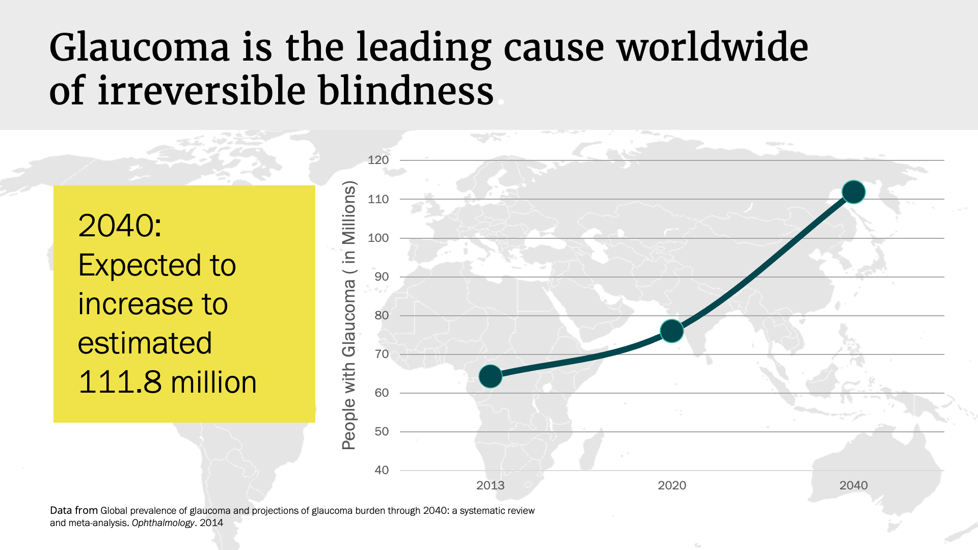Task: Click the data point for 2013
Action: click(491, 376)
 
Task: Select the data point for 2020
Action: click(672, 331)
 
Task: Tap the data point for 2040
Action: click(854, 192)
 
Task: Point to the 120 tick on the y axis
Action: click(378, 160)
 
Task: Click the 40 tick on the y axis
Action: click(382, 470)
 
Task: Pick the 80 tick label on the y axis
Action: click(382, 315)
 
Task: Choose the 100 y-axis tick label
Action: click(378, 238)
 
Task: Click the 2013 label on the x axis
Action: click(490, 485)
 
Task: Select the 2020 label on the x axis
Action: click(672, 485)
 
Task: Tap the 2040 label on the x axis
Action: click(853, 485)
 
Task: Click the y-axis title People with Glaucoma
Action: click(349, 316)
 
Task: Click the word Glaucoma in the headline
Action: click(140, 47)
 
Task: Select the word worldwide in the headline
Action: click(712, 47)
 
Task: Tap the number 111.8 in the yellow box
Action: click(120, 382)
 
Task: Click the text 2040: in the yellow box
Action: click(120, 225)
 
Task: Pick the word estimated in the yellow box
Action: click(145, 343)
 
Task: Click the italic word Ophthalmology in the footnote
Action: click(163, 523)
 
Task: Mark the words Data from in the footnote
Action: click(74, 510)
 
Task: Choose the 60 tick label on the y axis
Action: click(382, 393)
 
